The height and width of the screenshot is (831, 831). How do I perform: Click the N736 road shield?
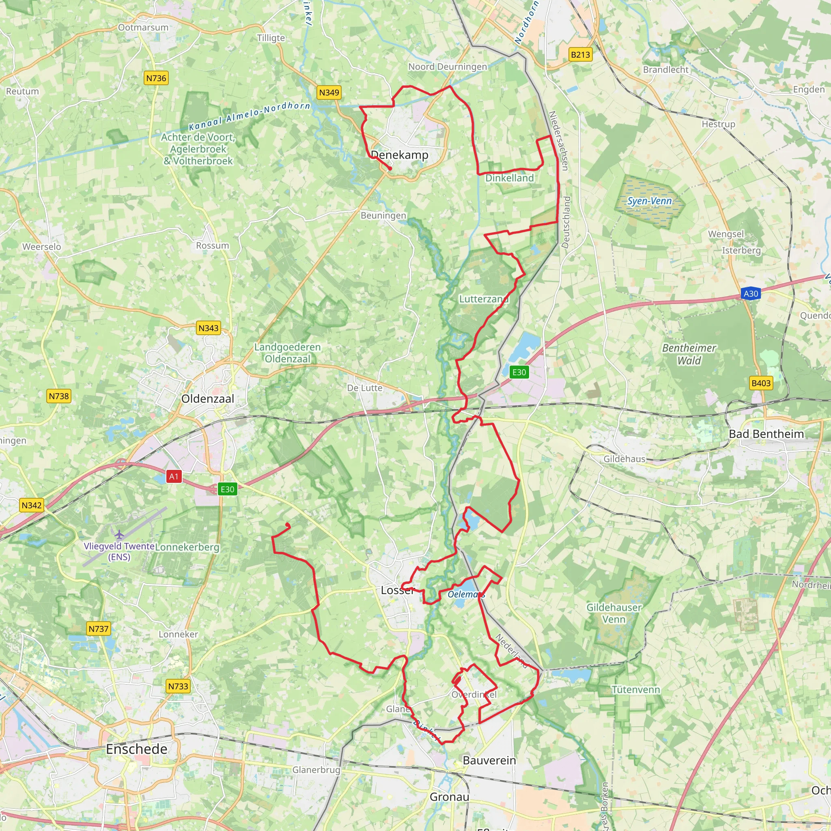click(156, 78)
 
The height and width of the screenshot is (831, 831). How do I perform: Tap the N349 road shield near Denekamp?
click(329, 93)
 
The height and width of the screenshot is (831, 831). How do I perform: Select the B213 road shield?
click(580, 55)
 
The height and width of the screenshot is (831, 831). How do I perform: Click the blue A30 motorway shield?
click(751, 294)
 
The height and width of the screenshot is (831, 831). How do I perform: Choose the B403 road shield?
click(761, 383)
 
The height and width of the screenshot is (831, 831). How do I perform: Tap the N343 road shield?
click(209, 328)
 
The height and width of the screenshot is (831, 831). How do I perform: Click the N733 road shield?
click(178, 686)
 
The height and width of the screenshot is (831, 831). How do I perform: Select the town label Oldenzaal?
click(208, 399)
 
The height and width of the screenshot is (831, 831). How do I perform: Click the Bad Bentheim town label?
click(766, 434)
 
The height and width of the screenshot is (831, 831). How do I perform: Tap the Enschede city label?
click(137, 749)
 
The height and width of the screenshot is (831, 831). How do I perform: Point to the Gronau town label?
click(450, 797)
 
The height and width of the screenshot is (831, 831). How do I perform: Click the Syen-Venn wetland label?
click(649, 201)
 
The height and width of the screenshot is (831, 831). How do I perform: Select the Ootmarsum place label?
click(143, 28)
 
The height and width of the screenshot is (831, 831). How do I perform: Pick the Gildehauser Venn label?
click(614, 614)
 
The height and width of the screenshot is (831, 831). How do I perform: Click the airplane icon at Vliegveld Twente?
click(119, 534)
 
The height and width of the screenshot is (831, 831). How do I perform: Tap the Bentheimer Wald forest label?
click(689, 354)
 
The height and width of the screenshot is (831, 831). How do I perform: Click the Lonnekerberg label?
click(187, 547)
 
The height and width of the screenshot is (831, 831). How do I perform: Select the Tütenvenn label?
click(636, 690)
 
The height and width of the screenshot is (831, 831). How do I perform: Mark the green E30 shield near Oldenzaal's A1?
click(227, 489)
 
